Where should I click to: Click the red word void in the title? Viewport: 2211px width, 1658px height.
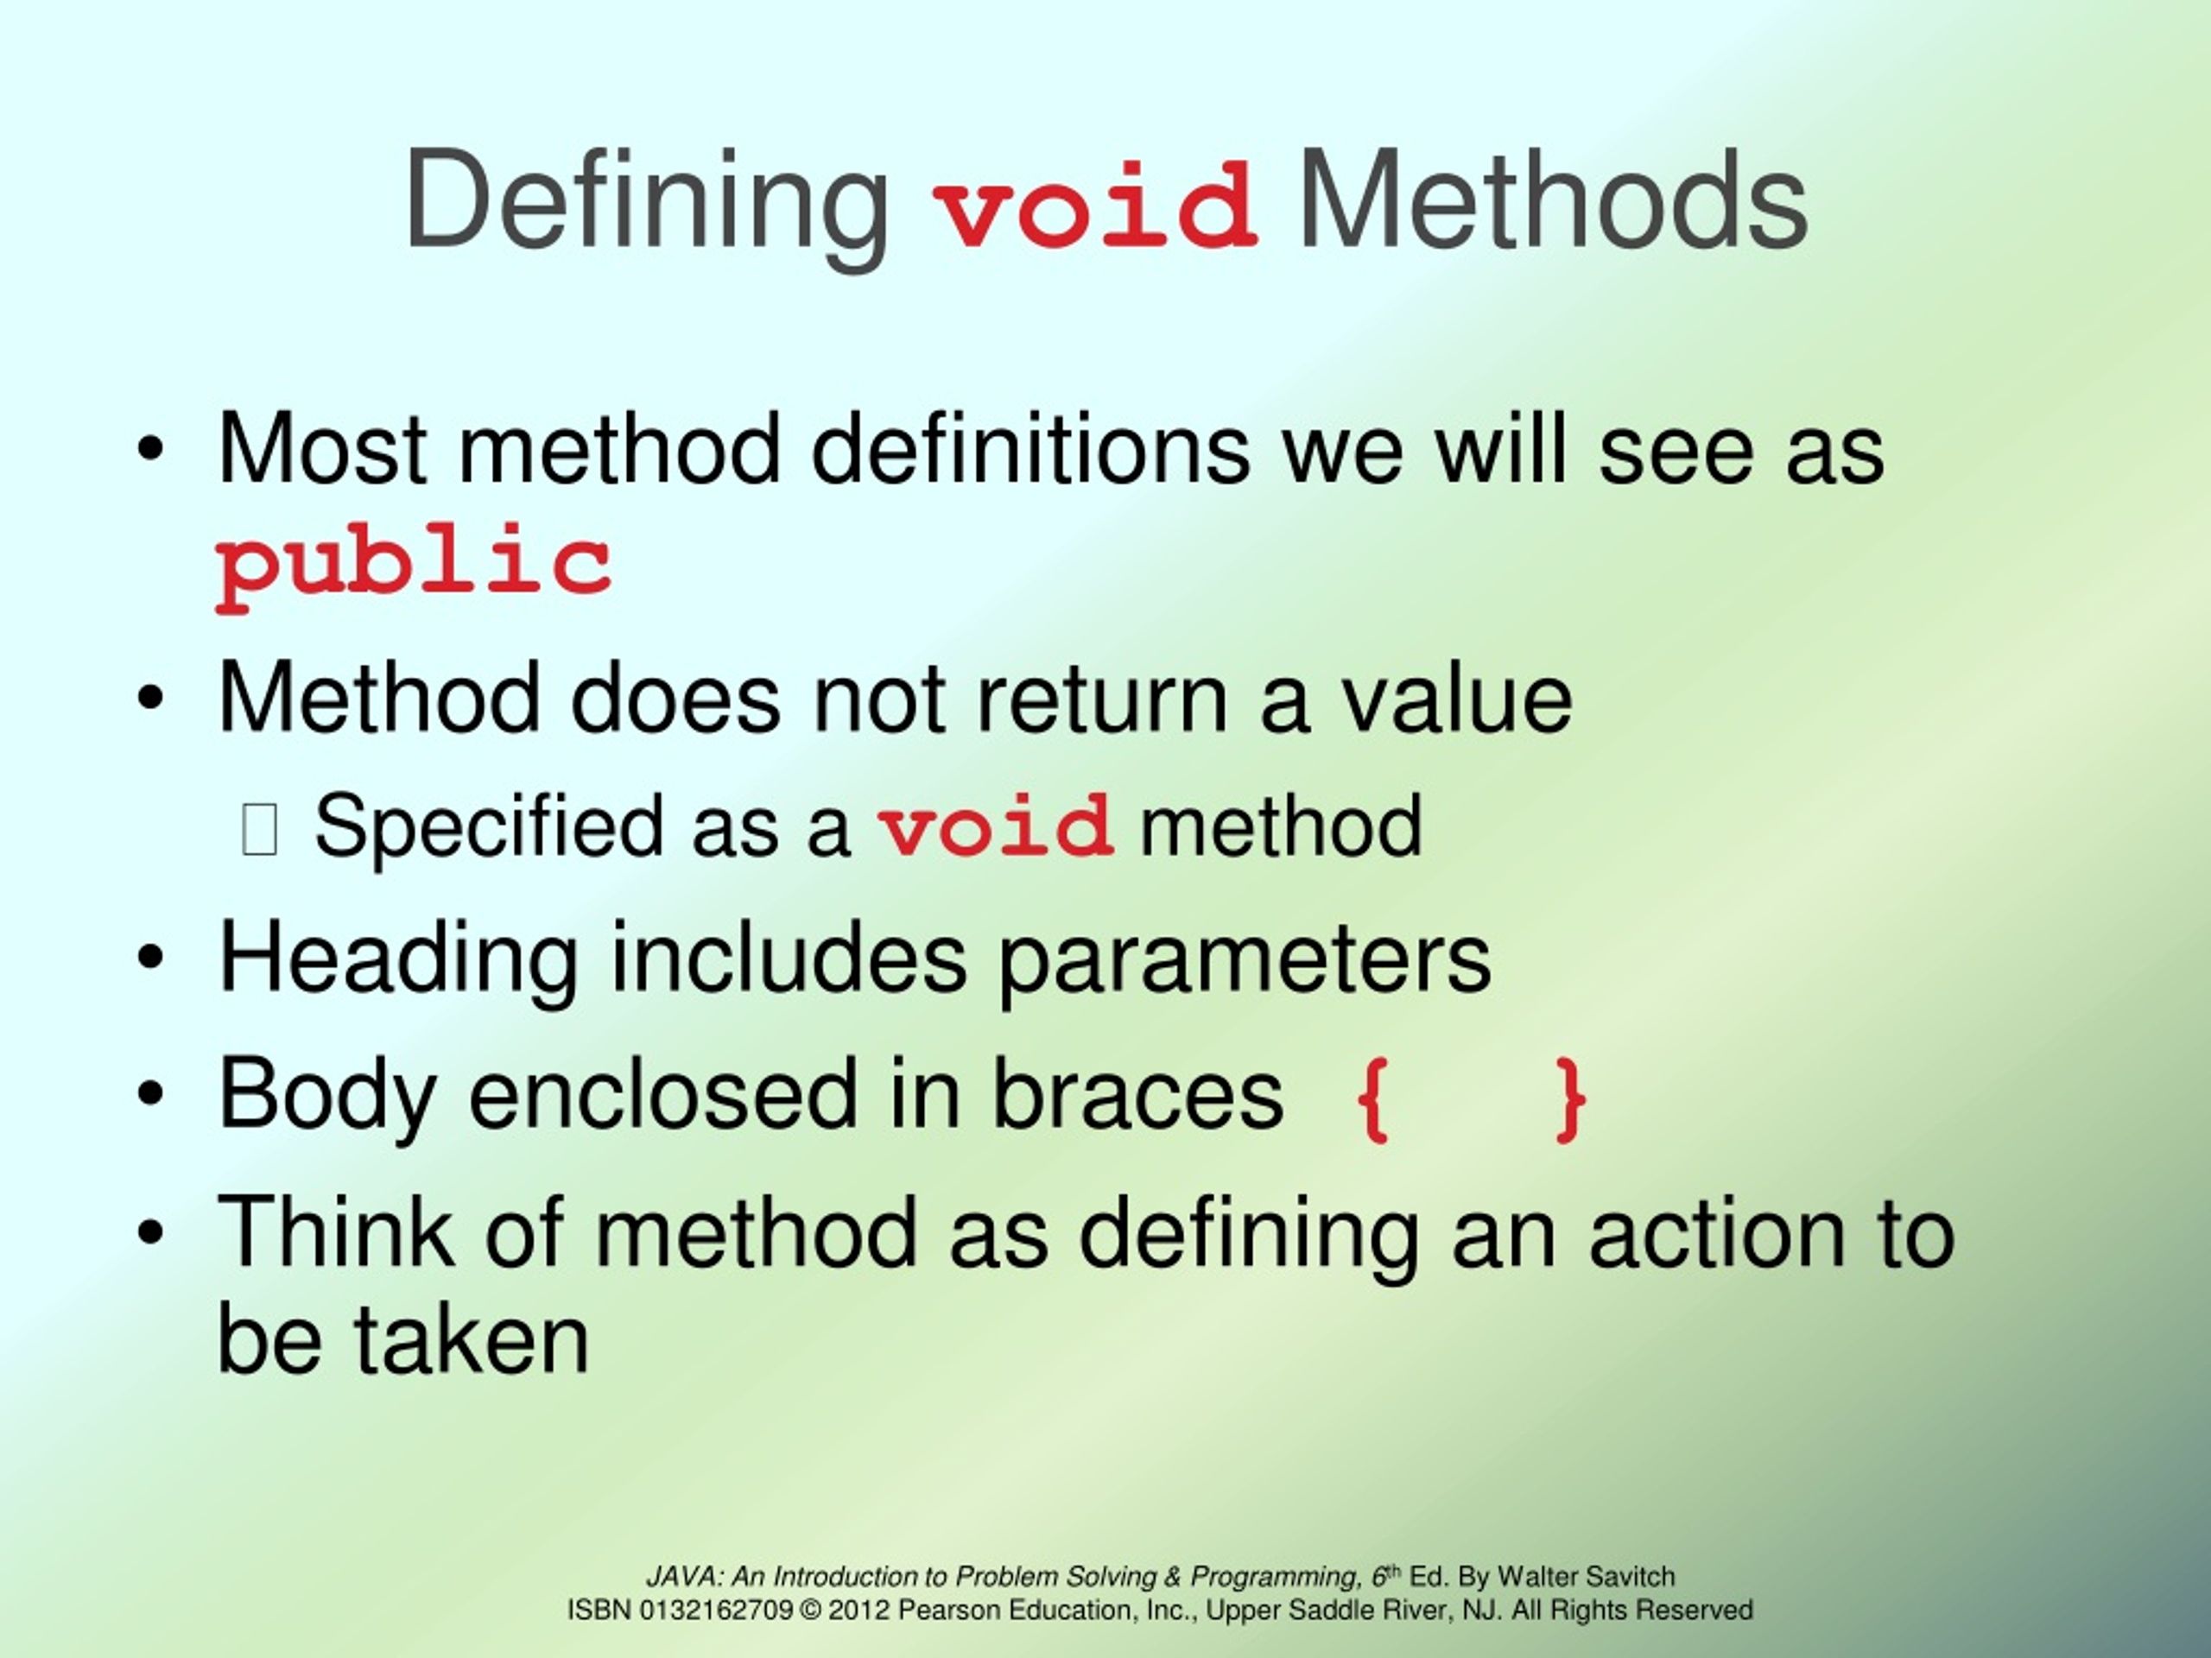pos(1094,205)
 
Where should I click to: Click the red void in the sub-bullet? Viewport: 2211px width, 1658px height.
pos(996,826)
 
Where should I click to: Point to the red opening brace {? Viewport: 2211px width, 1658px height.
pos(1372,1099)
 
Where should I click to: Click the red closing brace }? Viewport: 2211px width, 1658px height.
pos(1571,1099)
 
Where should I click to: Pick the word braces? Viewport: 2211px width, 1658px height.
pos(1137,1094)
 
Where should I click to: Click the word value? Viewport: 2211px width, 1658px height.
pos(1456,699)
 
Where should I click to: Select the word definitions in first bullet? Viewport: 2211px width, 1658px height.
pos(1029,450)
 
